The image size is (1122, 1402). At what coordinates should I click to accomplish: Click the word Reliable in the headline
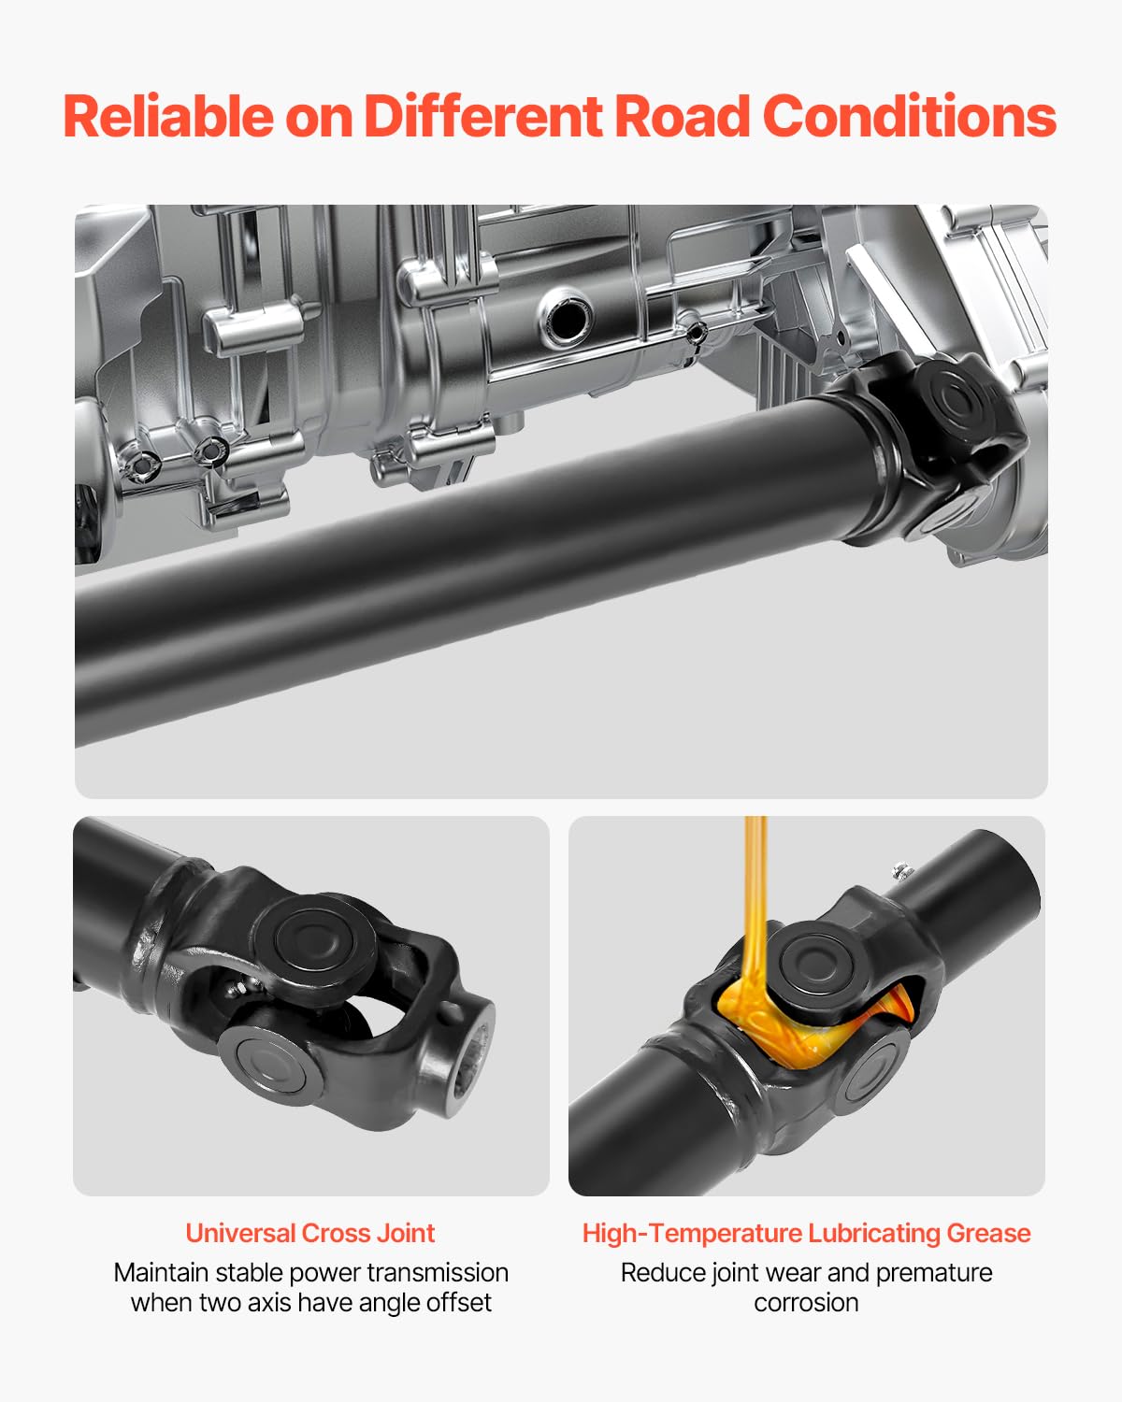168,117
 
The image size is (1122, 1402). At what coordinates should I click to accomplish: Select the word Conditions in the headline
909,117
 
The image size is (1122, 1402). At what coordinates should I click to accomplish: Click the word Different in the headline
482,117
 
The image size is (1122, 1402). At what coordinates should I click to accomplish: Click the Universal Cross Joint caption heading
309,1233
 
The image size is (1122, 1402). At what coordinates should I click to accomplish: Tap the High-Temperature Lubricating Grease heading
806,1233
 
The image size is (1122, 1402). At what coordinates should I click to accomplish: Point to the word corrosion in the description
806,1302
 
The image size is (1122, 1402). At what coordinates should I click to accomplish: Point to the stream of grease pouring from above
755,888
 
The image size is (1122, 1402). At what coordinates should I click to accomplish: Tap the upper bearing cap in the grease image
814,963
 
